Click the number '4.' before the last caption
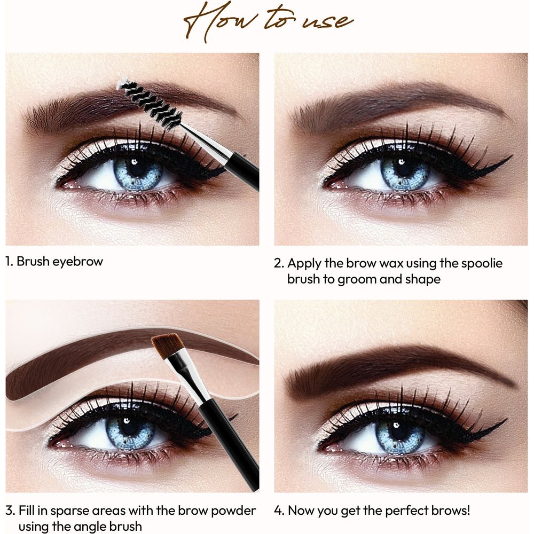pos(279,511)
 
